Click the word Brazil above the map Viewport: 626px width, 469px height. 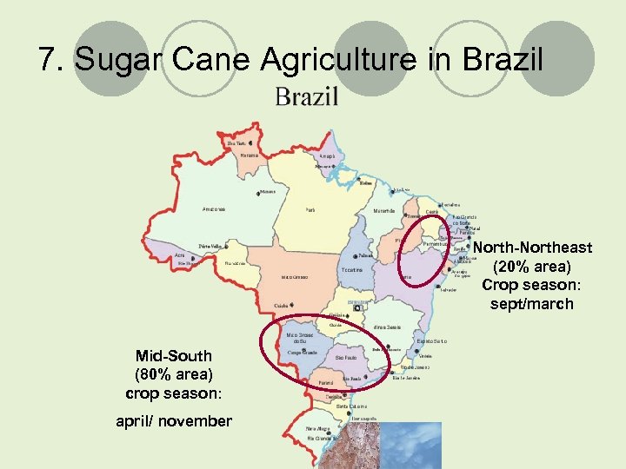click(x=306, y=96)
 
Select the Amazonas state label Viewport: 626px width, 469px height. click(x=214, y=209)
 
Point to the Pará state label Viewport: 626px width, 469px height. click(x=310, y=209)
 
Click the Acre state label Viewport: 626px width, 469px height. click(x=179, y=255)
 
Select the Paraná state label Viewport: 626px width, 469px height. click(x=326, y=382)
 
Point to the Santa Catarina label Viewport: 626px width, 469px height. click(x=352, y=406)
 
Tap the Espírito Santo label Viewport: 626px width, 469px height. click(x=432, y=341)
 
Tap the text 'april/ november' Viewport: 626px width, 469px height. click(x=174, y=421)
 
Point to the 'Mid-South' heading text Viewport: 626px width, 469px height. click(x=174, y=356)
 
